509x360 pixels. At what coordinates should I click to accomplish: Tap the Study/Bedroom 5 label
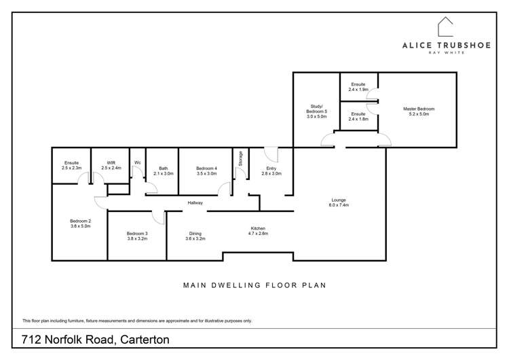(316, 109)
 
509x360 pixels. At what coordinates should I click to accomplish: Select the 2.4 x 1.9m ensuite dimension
(358, 90)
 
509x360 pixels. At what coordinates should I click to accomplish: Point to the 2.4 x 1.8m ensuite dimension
(358, 119)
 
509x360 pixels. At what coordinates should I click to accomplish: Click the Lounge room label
(339, 200)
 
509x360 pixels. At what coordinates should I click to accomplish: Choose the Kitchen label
(258, 228)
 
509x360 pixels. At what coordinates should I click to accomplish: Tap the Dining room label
(194, 234)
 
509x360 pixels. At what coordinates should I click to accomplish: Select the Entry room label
(271, 168)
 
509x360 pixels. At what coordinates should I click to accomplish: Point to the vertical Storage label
(240, 158)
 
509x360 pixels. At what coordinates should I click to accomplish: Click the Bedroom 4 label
(206, 168)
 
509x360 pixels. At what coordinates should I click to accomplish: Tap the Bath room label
(163, 168)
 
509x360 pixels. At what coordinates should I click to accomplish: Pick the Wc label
(137, 162)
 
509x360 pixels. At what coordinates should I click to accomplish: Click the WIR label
(111, 162)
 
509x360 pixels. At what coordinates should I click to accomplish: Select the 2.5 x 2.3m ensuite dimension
(72, 167)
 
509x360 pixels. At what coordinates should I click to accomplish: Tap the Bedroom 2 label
(80, 221)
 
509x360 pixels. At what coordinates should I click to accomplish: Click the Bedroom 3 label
(136, 234)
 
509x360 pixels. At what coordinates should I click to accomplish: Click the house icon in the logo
(445, 27)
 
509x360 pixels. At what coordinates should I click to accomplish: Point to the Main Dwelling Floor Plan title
(254, 286)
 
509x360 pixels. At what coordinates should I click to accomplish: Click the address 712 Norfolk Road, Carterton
(95, 339)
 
